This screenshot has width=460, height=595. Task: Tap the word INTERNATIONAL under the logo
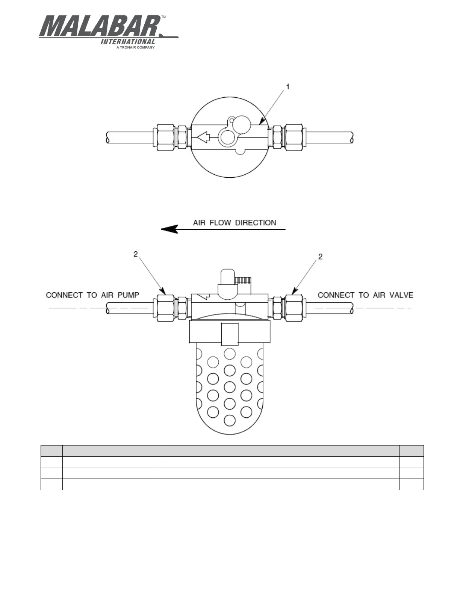128,42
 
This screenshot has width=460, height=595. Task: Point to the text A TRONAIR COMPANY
135,48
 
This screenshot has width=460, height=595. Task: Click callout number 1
288,87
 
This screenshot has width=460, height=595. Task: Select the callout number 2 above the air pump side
136,254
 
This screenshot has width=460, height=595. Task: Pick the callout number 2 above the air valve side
320,257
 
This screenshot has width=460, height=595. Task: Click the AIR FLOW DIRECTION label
235,223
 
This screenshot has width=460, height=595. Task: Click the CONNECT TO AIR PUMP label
92,295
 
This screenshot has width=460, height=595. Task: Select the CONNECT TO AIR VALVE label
365,295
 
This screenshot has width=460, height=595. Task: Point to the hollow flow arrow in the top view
203,137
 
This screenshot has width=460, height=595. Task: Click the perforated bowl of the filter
229,391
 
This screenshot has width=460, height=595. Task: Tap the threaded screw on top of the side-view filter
243,280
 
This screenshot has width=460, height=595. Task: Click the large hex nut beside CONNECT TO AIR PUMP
163,308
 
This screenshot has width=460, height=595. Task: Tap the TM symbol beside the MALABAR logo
163,17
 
